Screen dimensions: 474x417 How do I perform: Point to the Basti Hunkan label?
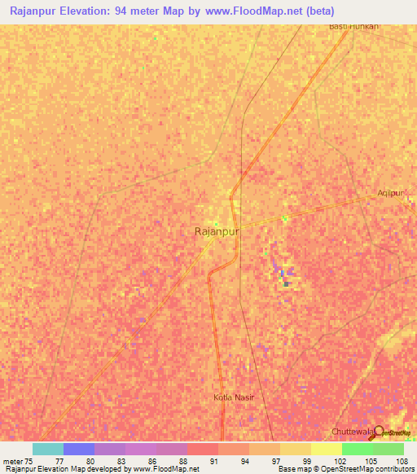353,26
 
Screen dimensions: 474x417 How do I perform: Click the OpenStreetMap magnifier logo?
379,433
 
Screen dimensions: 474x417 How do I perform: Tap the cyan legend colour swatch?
48,449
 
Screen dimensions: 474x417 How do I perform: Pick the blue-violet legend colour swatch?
79,449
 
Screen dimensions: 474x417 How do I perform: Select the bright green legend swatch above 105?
358,449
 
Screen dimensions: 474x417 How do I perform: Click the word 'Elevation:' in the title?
89,11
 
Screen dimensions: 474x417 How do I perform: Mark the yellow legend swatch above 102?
327,449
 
